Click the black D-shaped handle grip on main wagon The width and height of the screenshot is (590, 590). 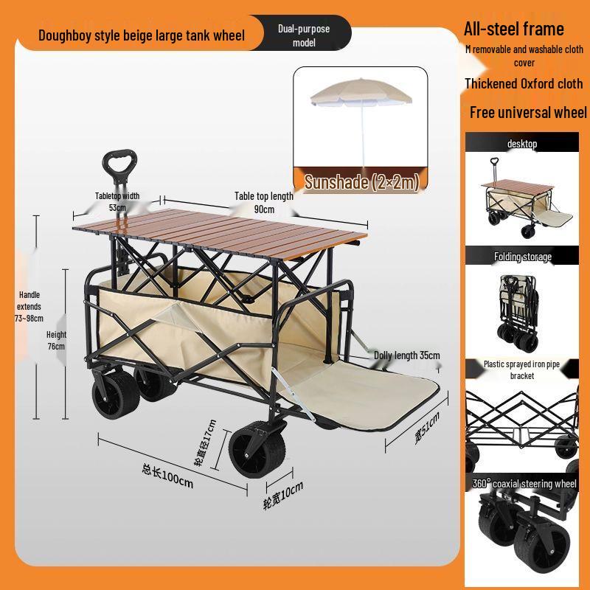pos(119,162)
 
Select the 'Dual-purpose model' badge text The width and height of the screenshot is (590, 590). pos(304,35)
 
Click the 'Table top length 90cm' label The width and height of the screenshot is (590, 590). pos(264,202)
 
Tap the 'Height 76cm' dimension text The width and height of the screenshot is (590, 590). pos(56,340)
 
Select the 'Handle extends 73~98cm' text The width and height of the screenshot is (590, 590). pos(29,307)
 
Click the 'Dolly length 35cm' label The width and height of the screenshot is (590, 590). pos(406,355)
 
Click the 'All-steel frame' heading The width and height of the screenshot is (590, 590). pos(513,29)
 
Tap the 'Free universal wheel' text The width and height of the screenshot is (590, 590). pos(528,112)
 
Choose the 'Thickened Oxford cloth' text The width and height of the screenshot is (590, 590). pos(524,83)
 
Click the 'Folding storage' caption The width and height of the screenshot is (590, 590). pos(522,257)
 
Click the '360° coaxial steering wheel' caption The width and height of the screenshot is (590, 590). pos(524,484)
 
